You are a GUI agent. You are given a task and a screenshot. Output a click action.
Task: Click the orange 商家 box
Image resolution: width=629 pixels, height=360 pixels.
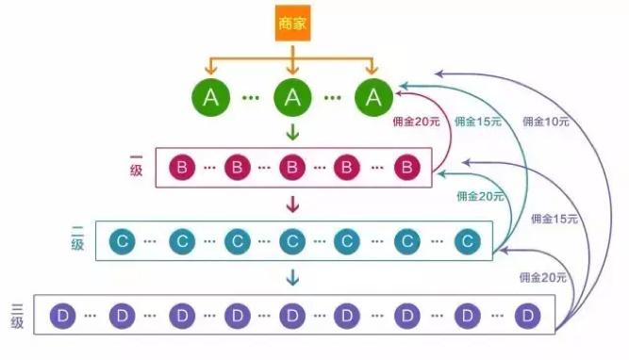(292, 24)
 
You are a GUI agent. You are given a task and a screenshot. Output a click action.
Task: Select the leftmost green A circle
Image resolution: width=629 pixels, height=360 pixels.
(209, 97)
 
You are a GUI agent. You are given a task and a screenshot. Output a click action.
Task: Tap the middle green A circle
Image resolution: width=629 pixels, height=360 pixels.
(292, 97)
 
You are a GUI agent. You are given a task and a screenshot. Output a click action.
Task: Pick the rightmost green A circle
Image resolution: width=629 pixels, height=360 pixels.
(374, 97)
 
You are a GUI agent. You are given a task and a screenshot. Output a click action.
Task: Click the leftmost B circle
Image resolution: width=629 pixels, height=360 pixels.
(181, 169)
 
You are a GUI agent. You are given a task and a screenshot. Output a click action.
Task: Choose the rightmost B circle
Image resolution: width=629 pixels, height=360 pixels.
(406, 169)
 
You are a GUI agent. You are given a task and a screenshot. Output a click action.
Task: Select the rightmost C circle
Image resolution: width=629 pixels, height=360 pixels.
(467, 241)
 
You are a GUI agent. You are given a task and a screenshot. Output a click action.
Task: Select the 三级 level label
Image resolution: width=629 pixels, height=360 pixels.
(17, 315)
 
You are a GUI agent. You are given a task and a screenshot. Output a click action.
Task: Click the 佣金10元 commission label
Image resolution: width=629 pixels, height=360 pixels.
(545, 122)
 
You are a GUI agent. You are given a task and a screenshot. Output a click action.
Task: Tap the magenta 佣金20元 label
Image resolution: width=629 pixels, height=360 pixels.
(417, 122)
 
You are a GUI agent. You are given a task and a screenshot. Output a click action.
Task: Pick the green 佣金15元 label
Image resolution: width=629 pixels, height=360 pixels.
(478, 122)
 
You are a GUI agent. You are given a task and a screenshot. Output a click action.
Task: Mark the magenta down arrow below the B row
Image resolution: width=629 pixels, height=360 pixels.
(292, 204)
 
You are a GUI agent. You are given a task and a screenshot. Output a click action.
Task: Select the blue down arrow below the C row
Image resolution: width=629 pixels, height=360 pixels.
(292, 276)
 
